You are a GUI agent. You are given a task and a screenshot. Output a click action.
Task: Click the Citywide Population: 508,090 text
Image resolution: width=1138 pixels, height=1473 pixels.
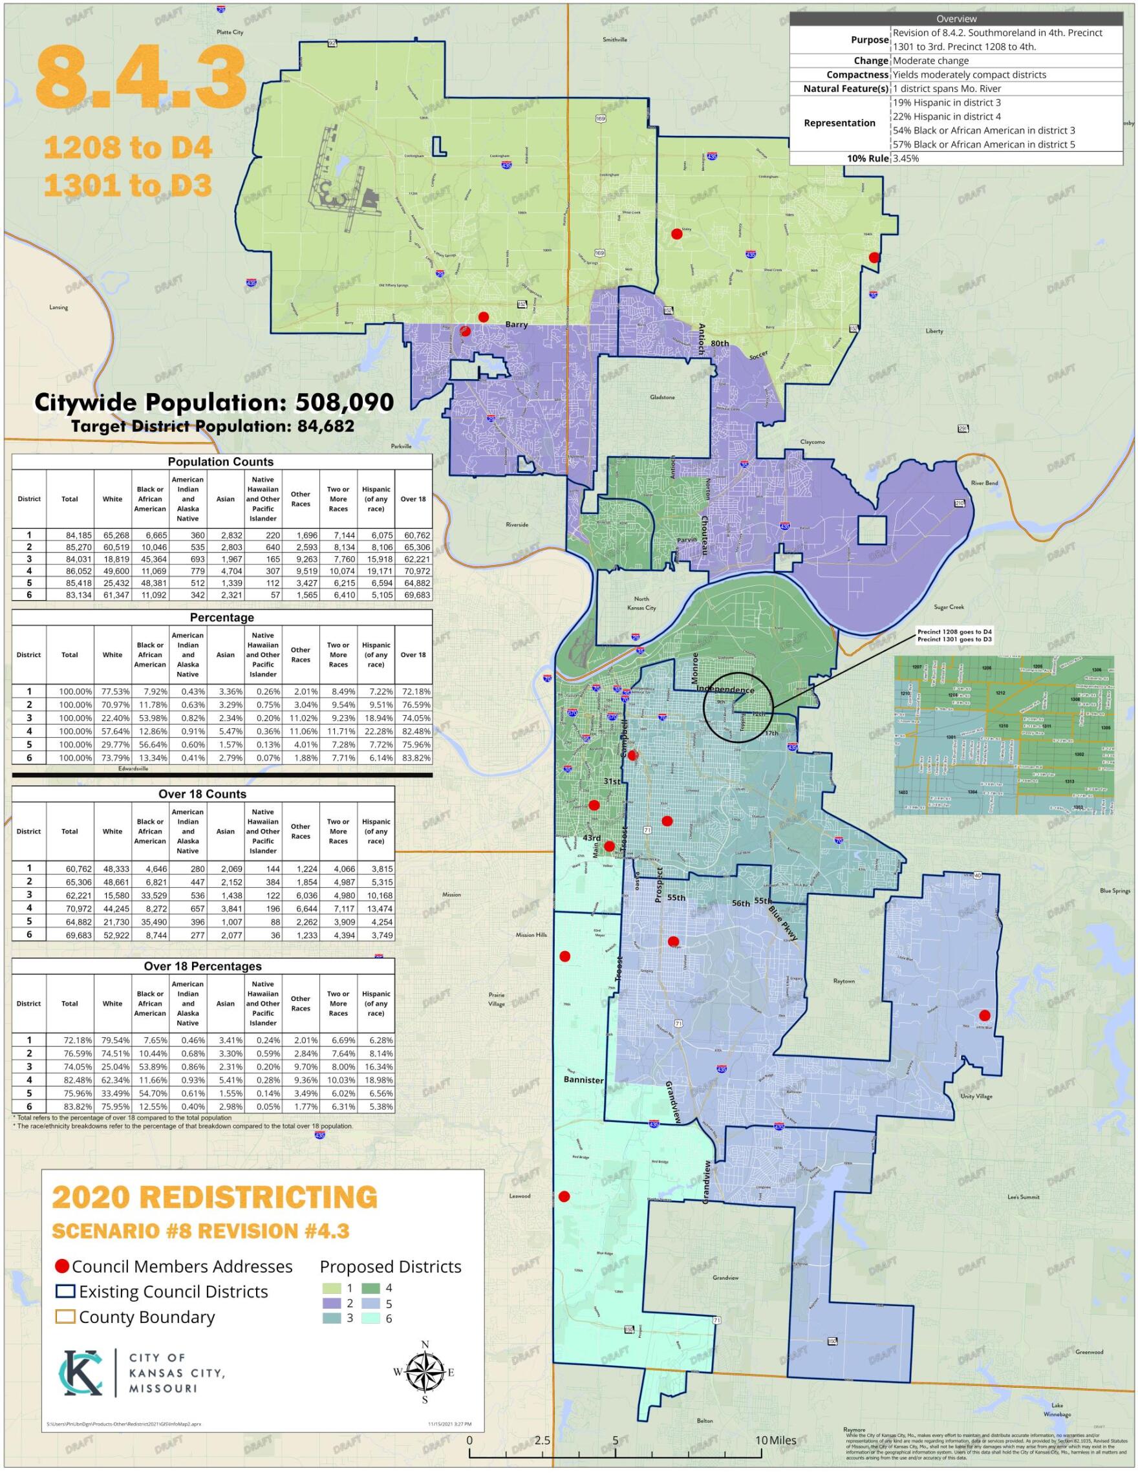click(214, 403)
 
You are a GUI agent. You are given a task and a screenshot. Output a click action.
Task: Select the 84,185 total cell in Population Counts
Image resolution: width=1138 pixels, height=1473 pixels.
click(69, 535)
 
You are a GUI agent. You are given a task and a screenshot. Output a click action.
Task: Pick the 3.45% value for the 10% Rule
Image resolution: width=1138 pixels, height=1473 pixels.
click(906, 158)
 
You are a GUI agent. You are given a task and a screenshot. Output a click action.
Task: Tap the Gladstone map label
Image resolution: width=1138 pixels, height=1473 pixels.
click(661, 397)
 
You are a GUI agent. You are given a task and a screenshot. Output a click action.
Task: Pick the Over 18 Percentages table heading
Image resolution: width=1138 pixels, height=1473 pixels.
click(202, 967)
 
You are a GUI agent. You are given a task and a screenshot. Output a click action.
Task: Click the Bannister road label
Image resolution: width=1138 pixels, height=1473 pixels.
click(583, 1080)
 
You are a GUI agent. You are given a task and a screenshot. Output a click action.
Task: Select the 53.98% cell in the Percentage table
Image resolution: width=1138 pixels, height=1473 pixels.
click(150, 718)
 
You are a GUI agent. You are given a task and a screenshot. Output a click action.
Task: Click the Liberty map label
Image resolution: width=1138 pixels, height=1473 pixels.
click(934, 331)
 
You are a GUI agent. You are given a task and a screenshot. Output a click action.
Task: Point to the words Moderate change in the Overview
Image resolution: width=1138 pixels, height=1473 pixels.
click(930, 61)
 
